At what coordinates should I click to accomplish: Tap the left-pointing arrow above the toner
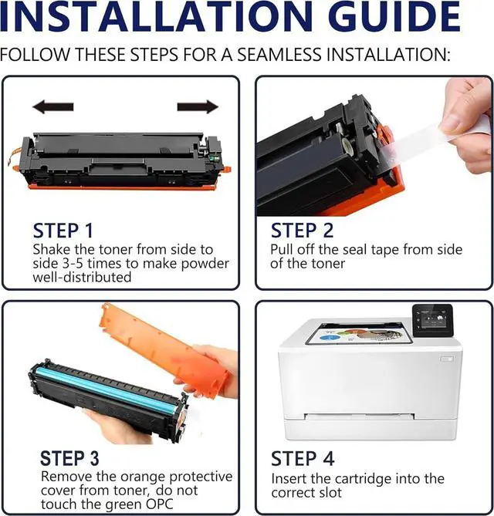coord(53,107)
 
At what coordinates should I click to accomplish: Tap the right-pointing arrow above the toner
coord(198,107)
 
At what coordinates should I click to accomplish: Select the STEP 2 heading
coord(302,231)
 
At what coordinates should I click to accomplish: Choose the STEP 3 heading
coord(69,458)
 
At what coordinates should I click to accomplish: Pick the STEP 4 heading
coord(303,458)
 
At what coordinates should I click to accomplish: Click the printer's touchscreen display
coord(431,317)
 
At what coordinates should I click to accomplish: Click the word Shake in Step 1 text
coord(51,250)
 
